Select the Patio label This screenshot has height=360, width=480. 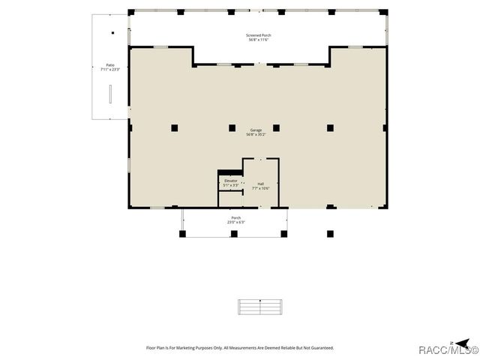tap(110, 65)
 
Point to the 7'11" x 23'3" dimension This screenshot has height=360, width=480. tap(110, 70)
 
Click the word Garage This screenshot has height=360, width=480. tap(256, 130)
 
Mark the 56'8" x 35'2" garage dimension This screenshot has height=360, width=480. tap(256, 135)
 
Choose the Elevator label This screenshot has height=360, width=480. tap(231, 181)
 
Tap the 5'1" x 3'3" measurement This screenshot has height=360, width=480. tap(231, 185)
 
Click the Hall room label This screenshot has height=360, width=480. tap(260, 184)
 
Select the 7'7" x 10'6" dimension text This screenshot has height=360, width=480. tap(260, 188)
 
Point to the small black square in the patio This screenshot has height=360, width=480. tap(112, 33)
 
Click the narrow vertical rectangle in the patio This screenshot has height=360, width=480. tap(110, 94)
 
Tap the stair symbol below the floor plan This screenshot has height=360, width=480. tap(260, 307)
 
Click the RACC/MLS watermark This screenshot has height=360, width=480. tap(448, 350)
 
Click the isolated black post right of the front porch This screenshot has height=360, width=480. tap(329, 233)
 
